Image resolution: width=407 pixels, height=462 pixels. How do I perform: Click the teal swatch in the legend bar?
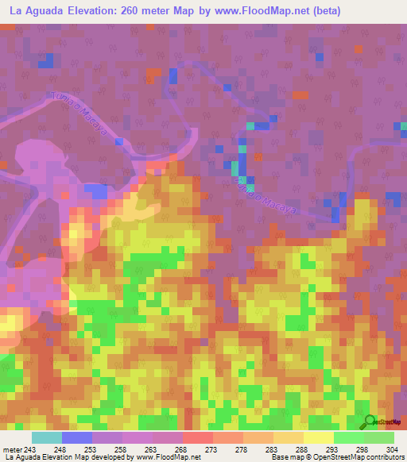[x=47, y=437]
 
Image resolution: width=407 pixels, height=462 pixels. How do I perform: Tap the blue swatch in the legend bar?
[x=77, y=437]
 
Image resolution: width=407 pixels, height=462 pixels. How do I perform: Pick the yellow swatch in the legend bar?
[x=319, y=437]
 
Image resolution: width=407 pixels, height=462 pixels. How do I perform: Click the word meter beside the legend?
[x=12, y=449]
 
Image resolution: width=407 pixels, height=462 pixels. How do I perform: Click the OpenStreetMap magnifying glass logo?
[x=368, y=421]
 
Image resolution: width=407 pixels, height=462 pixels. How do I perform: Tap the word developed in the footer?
[x=111, y=458]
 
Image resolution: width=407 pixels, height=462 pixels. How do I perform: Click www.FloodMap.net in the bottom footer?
[x=170, y=458]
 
